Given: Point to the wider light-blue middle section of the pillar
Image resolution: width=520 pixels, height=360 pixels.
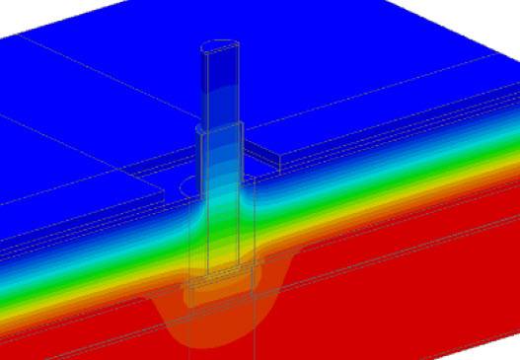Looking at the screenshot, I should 220,163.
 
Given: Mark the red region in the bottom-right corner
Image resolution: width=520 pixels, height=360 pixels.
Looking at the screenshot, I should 464,316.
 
